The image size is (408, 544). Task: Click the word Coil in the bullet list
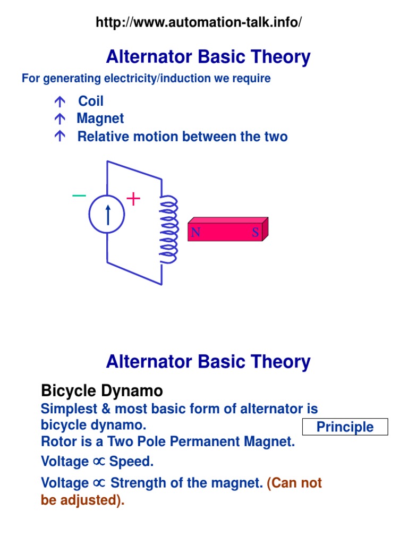(x=91, y=101)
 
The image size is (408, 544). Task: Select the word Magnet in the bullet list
(x=100, y=118)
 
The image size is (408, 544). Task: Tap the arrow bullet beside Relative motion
(x=59, y=137)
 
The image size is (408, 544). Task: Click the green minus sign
(x=79, y=196)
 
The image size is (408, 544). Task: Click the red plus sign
(x=133, y=199)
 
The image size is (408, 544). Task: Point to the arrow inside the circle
(x=108, y=215)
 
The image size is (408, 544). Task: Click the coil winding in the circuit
(x=169, y=228)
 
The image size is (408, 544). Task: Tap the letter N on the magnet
(x=195, y=232)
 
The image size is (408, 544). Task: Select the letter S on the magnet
(x=256, y=232)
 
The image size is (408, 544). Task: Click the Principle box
(x=345, y=427)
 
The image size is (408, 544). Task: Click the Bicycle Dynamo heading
(x=102, y=392)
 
